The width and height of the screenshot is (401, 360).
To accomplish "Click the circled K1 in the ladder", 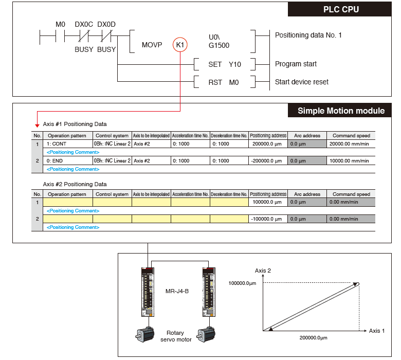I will [180, 45].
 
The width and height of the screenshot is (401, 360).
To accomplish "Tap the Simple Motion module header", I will [341, 111].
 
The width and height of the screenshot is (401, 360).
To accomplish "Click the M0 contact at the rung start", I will [61, 24].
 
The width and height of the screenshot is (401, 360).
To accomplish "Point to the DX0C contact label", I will [84, 24].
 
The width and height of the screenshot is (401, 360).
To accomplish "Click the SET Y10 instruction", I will [225, 64].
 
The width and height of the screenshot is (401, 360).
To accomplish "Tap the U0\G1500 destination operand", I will [218, 42].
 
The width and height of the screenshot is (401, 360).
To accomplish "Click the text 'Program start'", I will [296, 64].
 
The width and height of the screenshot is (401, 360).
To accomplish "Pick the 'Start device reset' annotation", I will [301, 82].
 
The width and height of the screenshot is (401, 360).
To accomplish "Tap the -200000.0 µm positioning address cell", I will [267, 161].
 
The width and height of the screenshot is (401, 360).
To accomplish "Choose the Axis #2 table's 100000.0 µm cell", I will [268, 203].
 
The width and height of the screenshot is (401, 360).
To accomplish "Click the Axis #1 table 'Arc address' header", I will [306, 136].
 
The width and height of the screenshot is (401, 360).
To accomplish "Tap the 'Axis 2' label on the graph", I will [263, 270].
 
